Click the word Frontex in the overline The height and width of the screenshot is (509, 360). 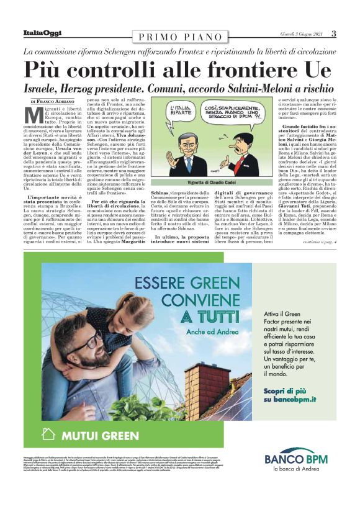pyautogui.click(x=187, y=51)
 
